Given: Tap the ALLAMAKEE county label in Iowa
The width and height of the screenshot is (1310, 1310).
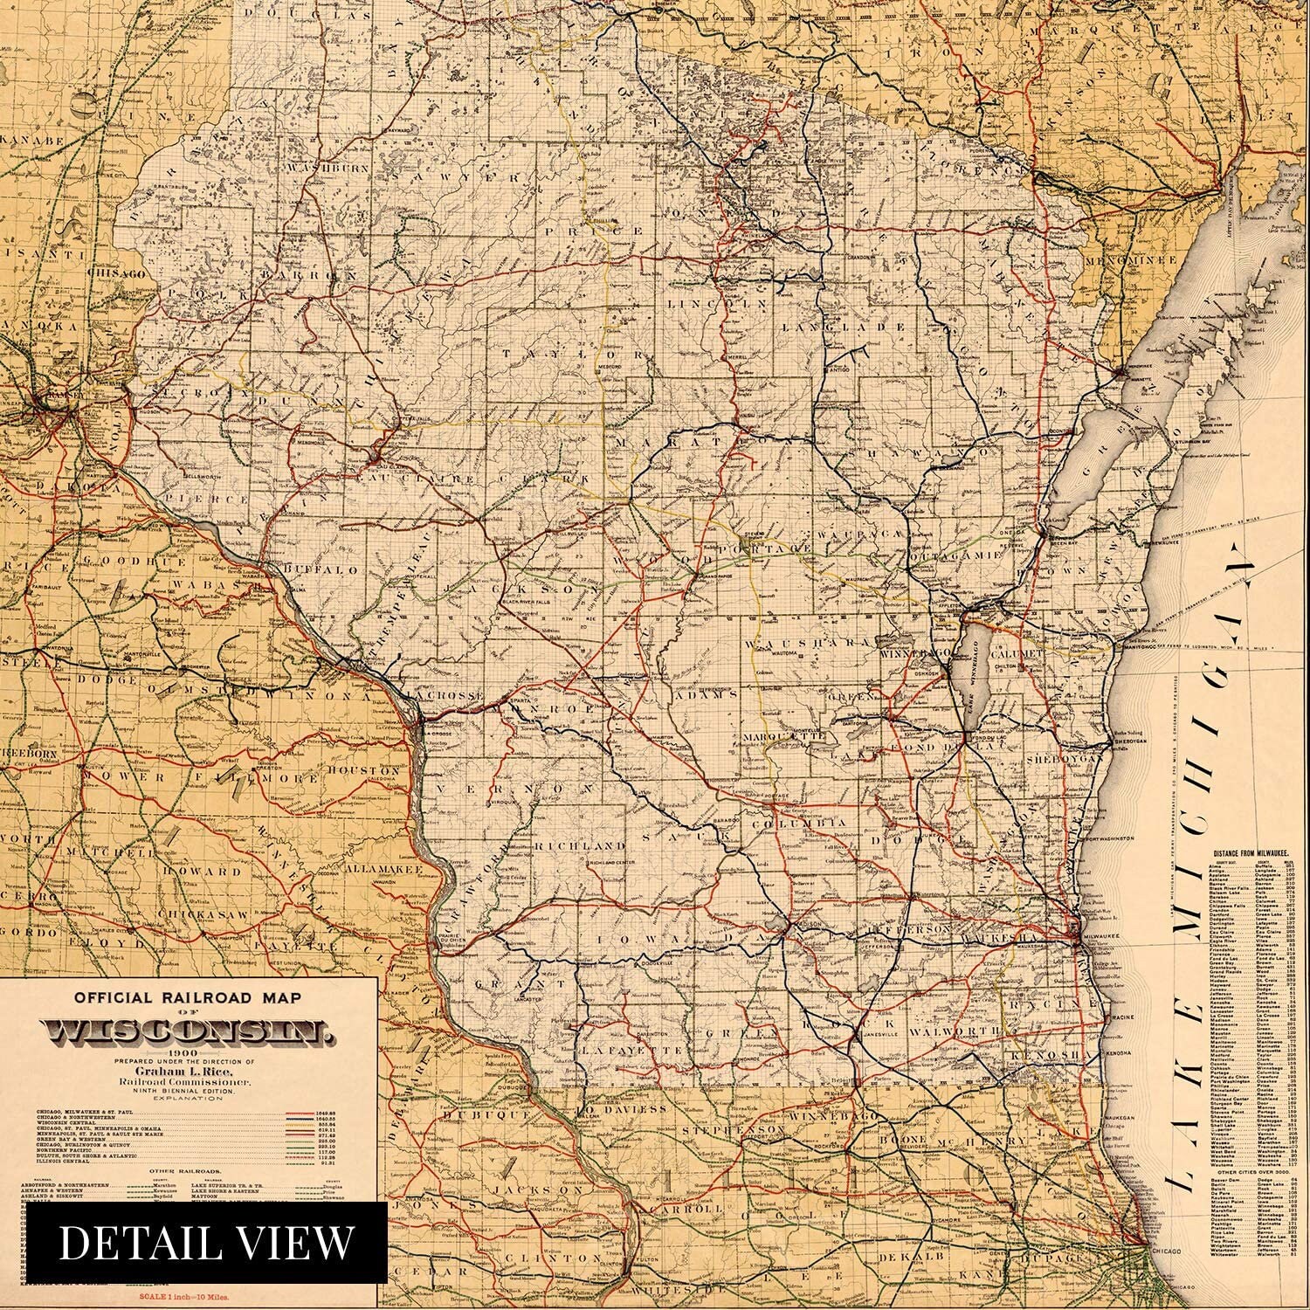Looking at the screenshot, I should pyautogui.click(x=383, y=870).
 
